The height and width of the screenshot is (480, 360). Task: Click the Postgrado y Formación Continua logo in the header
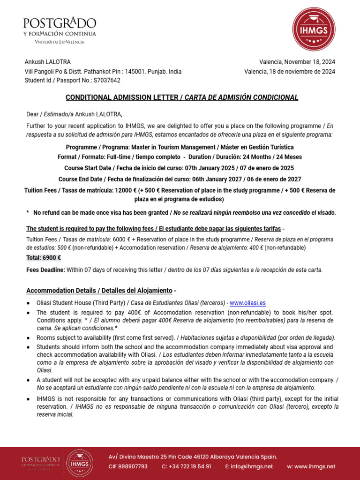[60, 30]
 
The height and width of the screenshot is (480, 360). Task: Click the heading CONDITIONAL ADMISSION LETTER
[121, 97]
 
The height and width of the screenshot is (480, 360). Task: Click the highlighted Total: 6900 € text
[44, 258]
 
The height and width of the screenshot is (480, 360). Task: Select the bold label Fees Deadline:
[45, 270]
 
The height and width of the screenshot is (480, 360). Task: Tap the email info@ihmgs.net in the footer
[249, 466]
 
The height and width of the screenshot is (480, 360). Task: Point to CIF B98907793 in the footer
[128, 466]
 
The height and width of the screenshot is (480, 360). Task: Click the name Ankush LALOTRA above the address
[47, 62]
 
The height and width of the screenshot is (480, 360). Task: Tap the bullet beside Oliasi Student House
[29, 303]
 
